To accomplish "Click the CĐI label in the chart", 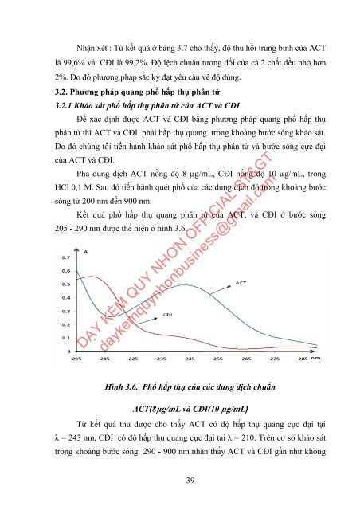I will tap(168, 315).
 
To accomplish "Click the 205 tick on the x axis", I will tap(77, 359).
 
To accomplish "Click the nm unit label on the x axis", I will tap(316, 359).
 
